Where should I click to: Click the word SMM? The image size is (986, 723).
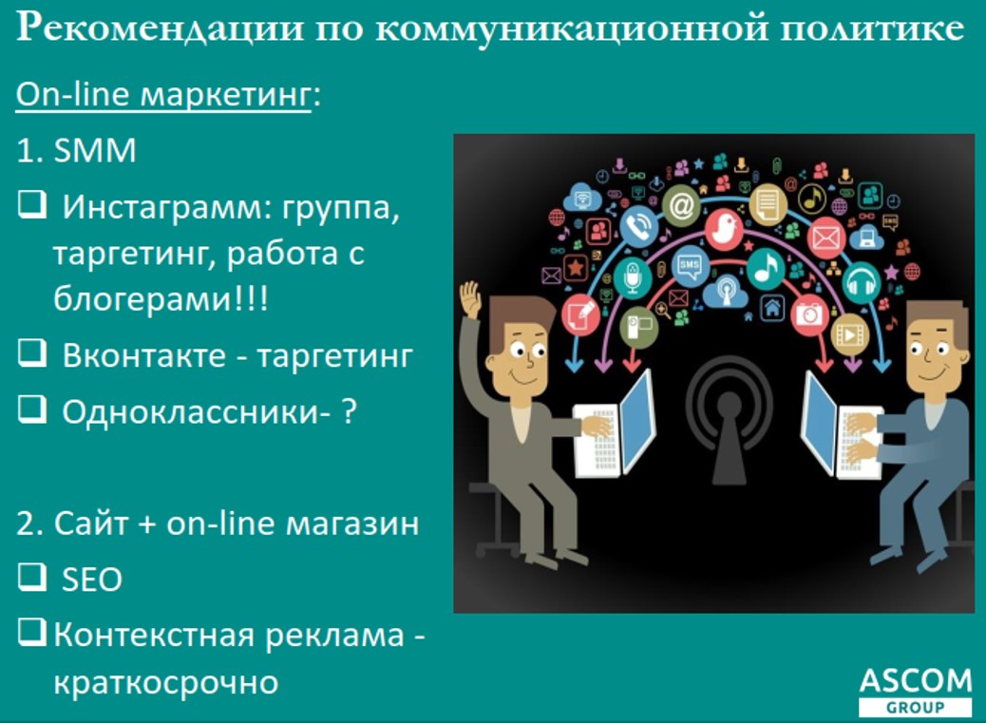pos(95,151)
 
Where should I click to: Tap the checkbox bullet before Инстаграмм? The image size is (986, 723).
pos(32,204)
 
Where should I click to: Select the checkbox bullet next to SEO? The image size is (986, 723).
pos(32,577)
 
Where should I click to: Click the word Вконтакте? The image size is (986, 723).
pos(144,356)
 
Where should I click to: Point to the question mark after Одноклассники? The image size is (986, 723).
pos(349,411)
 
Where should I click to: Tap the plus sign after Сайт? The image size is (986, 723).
pos(146,523)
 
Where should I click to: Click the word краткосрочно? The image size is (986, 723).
pos(166,683)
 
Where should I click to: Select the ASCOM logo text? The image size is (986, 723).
pos(916,681)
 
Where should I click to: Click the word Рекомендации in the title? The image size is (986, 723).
pos(160,29)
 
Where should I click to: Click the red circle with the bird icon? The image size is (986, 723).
pos(724,229)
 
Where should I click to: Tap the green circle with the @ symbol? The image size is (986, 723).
pos(682,205)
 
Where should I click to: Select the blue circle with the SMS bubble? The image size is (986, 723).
pos(690,267)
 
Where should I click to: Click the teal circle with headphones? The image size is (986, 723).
pos(861,281)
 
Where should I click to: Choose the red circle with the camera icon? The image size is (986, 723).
pos(808,313)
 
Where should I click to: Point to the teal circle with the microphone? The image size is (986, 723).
pos(632,276)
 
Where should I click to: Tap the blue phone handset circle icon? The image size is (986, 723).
pos(639,226)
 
